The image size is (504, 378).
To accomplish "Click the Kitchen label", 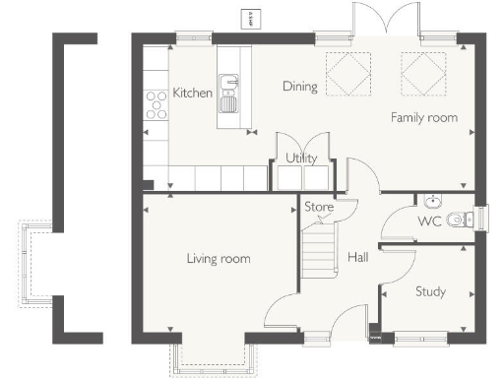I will pos(193,93).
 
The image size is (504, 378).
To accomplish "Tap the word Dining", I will pos(300,87).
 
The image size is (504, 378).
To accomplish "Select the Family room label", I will pos(424,117).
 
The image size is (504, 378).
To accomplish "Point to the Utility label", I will pos(300,157).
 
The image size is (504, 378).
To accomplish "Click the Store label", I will pos(319,208).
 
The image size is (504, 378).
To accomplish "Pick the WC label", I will pos(429,221).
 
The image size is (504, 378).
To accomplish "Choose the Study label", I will pos(430,291).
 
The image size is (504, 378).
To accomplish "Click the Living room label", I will pos(219,259).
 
